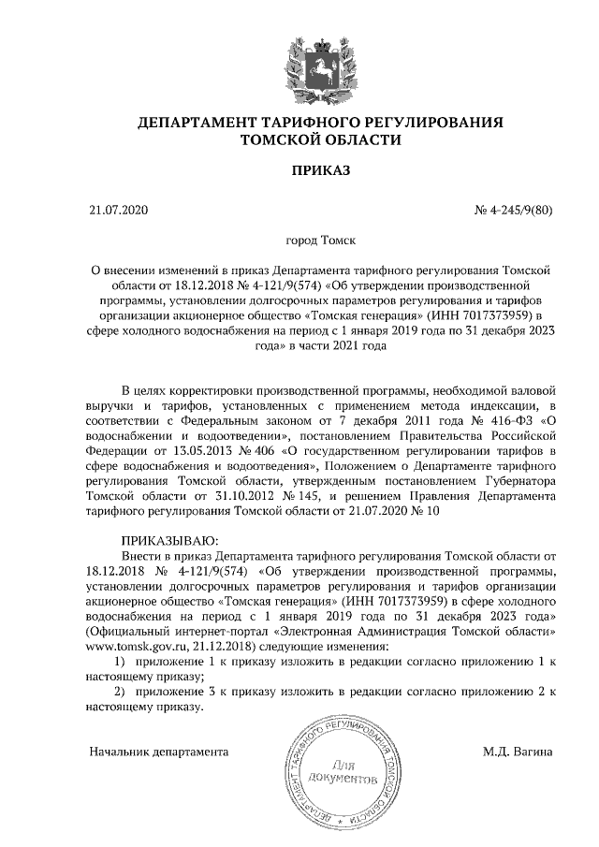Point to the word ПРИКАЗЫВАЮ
169,540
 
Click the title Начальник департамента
158,752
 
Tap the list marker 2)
119,690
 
